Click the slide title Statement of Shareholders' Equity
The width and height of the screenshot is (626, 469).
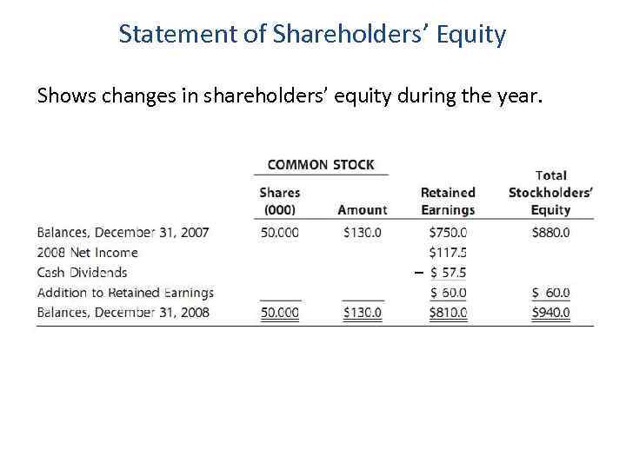tap(312, 34)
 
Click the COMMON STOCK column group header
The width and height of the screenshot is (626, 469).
tap(321, 164)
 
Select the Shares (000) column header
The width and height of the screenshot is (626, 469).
tap(279, 201)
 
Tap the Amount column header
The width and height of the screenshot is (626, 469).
tap(362, 209)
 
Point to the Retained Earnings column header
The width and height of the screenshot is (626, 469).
tap(448, 201)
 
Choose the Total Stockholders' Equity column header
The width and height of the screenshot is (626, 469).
tap(550, 192)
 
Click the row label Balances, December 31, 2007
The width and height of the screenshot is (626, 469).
tap(123, 233)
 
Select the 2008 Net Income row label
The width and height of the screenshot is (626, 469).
tap(87, 253)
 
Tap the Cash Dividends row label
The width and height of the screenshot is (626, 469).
tap(82, 273)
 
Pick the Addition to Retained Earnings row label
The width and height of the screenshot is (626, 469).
tap(125, 293)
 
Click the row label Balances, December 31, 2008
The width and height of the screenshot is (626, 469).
tap(123, 313)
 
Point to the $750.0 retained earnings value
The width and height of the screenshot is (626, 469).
tap(448, 233)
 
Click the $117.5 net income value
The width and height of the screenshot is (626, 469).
tap(448, 253)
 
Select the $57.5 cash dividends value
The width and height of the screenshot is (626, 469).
tap(448, 273)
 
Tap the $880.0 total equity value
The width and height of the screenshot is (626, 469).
tap(550, 233)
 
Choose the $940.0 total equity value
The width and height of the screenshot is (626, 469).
tap(550, 313)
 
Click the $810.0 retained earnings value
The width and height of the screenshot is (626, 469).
tap(448, 313)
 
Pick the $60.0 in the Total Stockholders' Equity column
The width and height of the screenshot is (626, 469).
tap(550, 293)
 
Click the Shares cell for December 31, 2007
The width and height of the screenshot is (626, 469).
tap(279, 233)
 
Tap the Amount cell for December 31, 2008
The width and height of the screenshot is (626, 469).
tap(362, 313)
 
